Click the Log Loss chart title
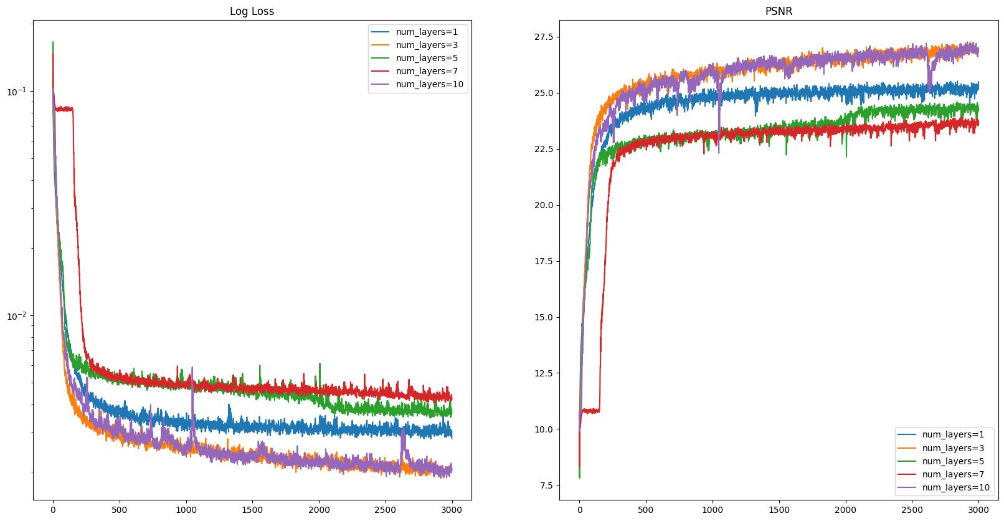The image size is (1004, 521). pos(252,11)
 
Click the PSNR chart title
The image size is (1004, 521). pos(779,11)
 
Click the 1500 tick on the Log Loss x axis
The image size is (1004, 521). pos(252,509)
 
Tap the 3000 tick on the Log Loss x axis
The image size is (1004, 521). pos(452,509)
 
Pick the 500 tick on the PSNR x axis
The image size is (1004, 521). pos(646,509)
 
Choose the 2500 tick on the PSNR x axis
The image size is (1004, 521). pos(912,509)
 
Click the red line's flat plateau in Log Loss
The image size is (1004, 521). pos(64,109)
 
